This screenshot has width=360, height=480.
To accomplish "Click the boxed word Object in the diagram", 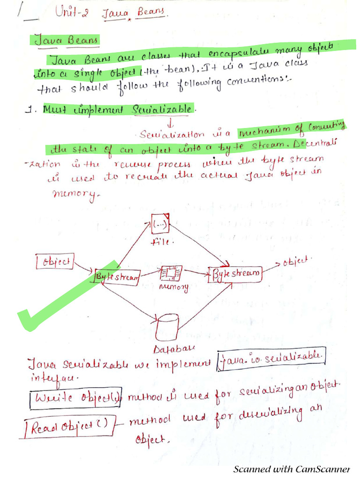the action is point(55,261).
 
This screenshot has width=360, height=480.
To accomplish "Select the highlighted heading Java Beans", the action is point(66,40).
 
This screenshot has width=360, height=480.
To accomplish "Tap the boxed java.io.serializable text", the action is point(271,359).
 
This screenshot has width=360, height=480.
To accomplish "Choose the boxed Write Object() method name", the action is point(75,398).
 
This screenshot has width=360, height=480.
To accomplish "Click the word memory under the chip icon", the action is point(174,286).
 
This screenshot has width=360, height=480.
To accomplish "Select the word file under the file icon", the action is point(162,242).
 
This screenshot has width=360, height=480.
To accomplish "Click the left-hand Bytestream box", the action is point(117,277).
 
